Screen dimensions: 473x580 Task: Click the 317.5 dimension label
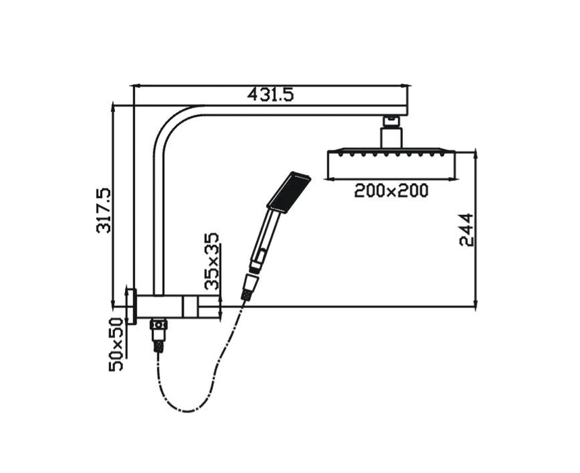tap(103, 211)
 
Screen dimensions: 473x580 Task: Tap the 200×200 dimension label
tap(391, 191)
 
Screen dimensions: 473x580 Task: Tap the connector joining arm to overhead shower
tap(391, 130)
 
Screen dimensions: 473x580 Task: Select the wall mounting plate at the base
tap(131, 306)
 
